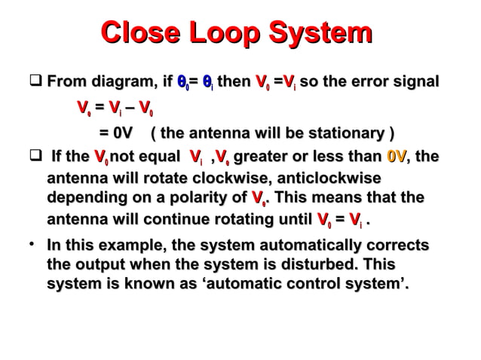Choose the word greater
268,157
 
